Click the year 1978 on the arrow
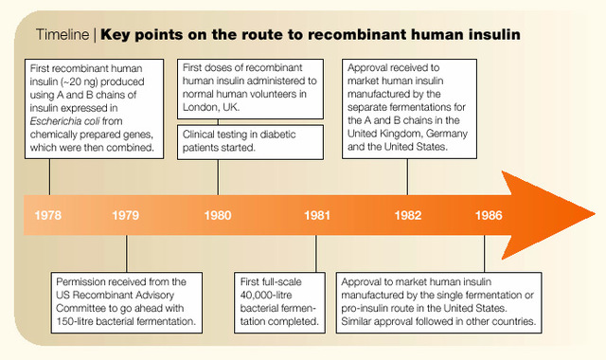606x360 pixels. click(48, 216)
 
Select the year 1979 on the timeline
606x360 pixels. click(125, 216)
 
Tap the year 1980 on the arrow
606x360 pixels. click(218, 216)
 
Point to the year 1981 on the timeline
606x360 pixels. click(317, 216)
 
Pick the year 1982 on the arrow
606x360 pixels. click(408, 216)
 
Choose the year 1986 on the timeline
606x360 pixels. click(490, 216)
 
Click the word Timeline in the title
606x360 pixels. click(62, 35)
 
